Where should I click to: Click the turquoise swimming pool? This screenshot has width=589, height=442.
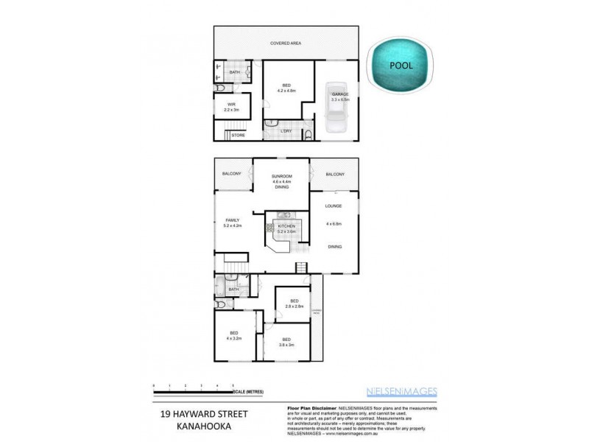pos(403,66)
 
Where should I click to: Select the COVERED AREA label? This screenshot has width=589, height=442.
pos(286,44)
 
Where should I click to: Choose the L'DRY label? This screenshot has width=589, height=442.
pos(286,131)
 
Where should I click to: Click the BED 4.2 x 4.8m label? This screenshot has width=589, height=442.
pos(286,87)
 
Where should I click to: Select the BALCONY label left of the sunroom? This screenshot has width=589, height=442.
pos(232,174)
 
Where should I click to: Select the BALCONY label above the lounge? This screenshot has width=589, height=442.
pos(335,174)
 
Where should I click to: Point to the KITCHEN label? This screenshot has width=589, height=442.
pos(286,226)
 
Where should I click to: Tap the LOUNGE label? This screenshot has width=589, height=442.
pos(335,206)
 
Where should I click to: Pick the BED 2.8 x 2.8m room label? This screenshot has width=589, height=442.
pos(294,304)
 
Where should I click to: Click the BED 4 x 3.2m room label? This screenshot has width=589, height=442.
pos(234,335)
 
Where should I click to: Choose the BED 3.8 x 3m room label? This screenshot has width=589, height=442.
pos(286,341)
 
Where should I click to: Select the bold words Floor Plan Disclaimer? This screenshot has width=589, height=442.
pos(310,407)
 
